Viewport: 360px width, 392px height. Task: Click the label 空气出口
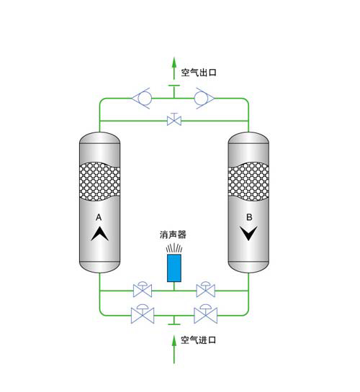(x=199, y=73)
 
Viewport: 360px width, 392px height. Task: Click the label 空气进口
(x=199, y=340)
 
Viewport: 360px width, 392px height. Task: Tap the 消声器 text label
(x=173, y=234)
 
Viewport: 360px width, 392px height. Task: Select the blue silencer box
(x=174, y=268)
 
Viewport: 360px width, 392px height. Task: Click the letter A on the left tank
(x=99, y=217)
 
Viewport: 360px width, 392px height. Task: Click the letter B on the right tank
(x=249, y=217)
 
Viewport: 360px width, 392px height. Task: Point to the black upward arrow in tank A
(x=100, y=234)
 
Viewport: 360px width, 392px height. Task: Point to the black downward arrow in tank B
(x=248, y=233)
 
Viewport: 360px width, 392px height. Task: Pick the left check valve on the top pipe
(x=142, y=99)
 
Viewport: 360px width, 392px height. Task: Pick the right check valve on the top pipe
(x=204, y=99)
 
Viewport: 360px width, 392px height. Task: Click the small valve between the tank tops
(x=174, y=119)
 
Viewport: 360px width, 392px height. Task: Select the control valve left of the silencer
(x=143, y=289)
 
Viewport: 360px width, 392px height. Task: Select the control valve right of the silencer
(x=206, y=289)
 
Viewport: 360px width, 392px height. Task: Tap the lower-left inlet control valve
(x=143, y=314)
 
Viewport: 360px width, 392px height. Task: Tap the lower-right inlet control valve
(x=206, y=314)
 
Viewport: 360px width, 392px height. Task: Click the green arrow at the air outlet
(x=174, y=68)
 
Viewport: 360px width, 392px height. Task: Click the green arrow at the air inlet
(x=174, y=350)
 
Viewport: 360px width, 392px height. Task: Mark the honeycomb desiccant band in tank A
(x=99, y=181)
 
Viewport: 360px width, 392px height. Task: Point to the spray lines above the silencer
(x=174, y=248)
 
